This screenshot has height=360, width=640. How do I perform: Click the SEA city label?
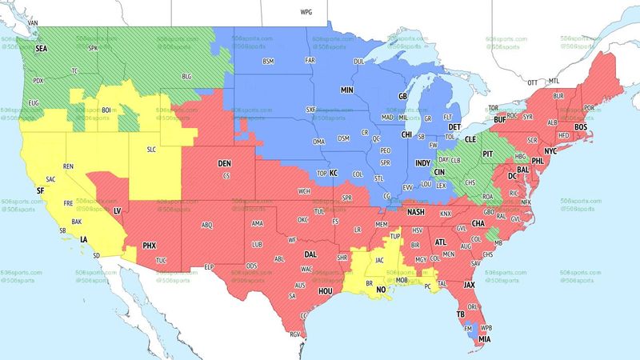42,47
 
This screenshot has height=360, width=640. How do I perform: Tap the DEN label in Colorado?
225,164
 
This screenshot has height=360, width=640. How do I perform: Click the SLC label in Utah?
152,150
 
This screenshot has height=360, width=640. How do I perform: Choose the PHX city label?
150,245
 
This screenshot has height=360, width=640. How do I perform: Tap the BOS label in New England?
580,127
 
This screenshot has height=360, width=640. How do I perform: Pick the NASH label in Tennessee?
415,212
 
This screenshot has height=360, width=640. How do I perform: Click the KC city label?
334,173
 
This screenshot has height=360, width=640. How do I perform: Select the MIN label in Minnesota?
347,90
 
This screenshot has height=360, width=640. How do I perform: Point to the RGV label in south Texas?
294,334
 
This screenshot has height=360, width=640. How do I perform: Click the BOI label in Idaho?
105,111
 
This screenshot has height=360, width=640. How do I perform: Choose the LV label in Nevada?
117,210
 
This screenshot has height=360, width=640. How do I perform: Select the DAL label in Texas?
310,254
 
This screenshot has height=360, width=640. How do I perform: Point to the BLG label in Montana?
187,77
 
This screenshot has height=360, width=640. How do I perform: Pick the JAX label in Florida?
470,284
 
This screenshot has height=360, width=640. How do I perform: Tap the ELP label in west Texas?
210,266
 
